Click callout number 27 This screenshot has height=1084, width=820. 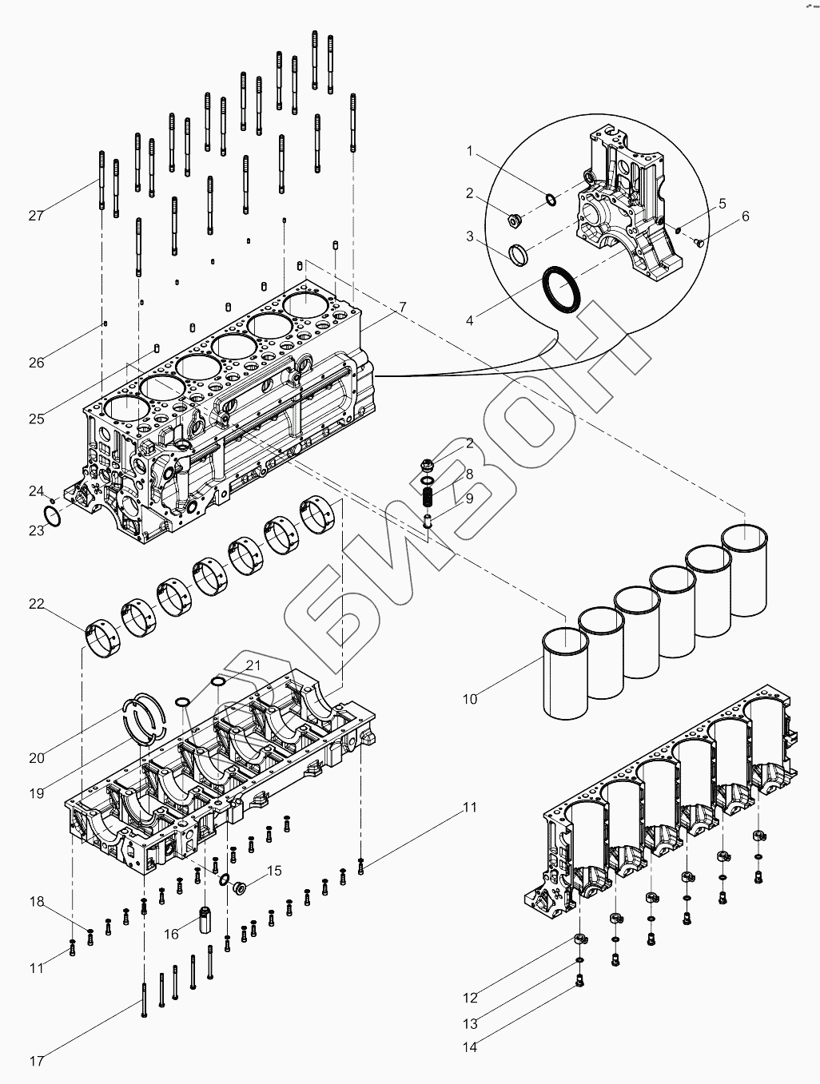click(35, 215)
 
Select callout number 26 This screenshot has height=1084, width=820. click(37, 362)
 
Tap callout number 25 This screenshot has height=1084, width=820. click(37, 419)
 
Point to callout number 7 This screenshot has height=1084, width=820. click(403, 307)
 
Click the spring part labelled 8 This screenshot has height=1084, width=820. click(429, 497)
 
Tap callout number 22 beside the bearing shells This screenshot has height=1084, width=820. click(37, 604)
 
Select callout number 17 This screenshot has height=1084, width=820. click(37, 1061)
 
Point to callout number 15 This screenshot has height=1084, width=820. click(274, 871)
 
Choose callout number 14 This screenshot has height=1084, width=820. click(470, 1046)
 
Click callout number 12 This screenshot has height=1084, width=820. click(470, 997)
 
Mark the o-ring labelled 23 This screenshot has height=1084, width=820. click(51, 517)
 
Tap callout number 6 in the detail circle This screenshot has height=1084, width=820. click(745, 216)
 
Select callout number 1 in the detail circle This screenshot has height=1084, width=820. click(470, 150)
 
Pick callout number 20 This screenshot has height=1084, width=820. click(37, 757)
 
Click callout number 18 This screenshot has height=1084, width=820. click(37, 902)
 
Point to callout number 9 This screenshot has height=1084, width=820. click(469, 498)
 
